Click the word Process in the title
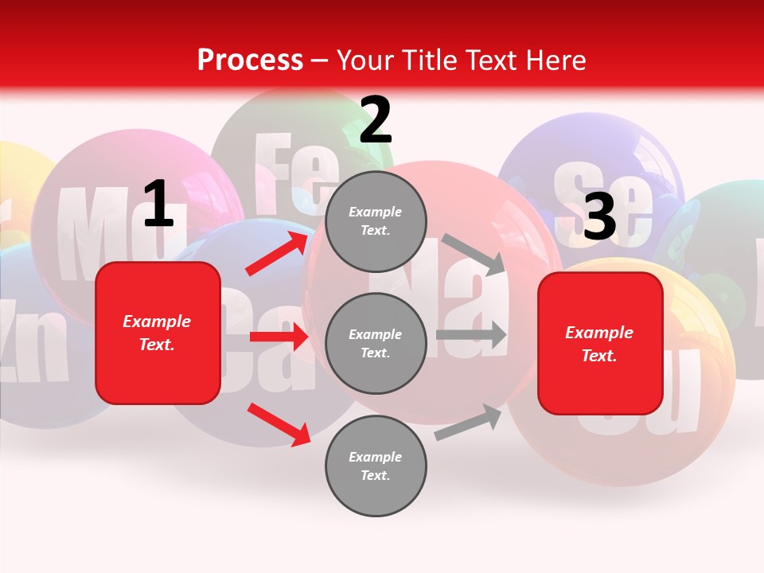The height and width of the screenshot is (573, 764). click(250, 60)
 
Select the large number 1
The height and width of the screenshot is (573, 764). click(158, 205)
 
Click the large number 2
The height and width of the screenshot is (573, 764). click(376, 121)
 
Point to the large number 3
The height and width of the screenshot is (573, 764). click(599, 216)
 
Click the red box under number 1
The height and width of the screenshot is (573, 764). click(158, 333)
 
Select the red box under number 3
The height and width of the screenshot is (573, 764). click(600, 344)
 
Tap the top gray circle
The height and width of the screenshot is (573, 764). click(376, 221)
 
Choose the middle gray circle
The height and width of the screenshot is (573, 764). click(376, 344)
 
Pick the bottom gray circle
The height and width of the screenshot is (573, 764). click(376, 466)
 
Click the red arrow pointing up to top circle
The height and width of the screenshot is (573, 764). click(277, 254)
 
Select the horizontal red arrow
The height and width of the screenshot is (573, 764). click(279, 337)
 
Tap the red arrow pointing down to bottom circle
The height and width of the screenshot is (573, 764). click(279, 424)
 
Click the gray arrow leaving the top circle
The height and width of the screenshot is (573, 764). click(473, 254)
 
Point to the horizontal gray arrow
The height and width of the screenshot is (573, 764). click(471, 335)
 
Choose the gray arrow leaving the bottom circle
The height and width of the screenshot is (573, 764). click(468, 423)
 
